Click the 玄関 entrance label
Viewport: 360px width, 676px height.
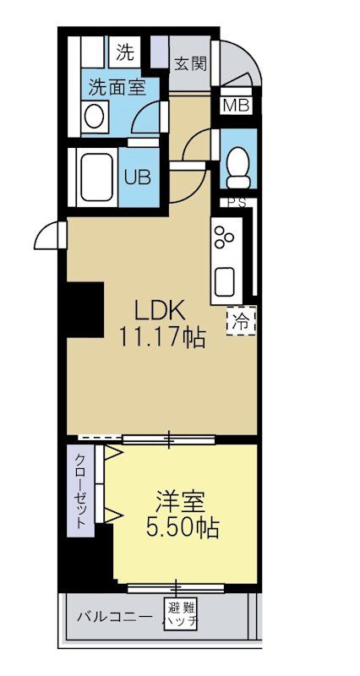[189, 63]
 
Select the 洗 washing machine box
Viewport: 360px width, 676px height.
[125, 53]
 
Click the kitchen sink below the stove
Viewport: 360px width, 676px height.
[226, 280]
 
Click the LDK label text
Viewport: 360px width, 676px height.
[161, 309]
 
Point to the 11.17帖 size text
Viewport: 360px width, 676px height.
[161, 338]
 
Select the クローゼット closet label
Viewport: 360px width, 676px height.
[79, 492]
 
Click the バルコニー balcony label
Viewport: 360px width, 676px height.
[114, 616]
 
